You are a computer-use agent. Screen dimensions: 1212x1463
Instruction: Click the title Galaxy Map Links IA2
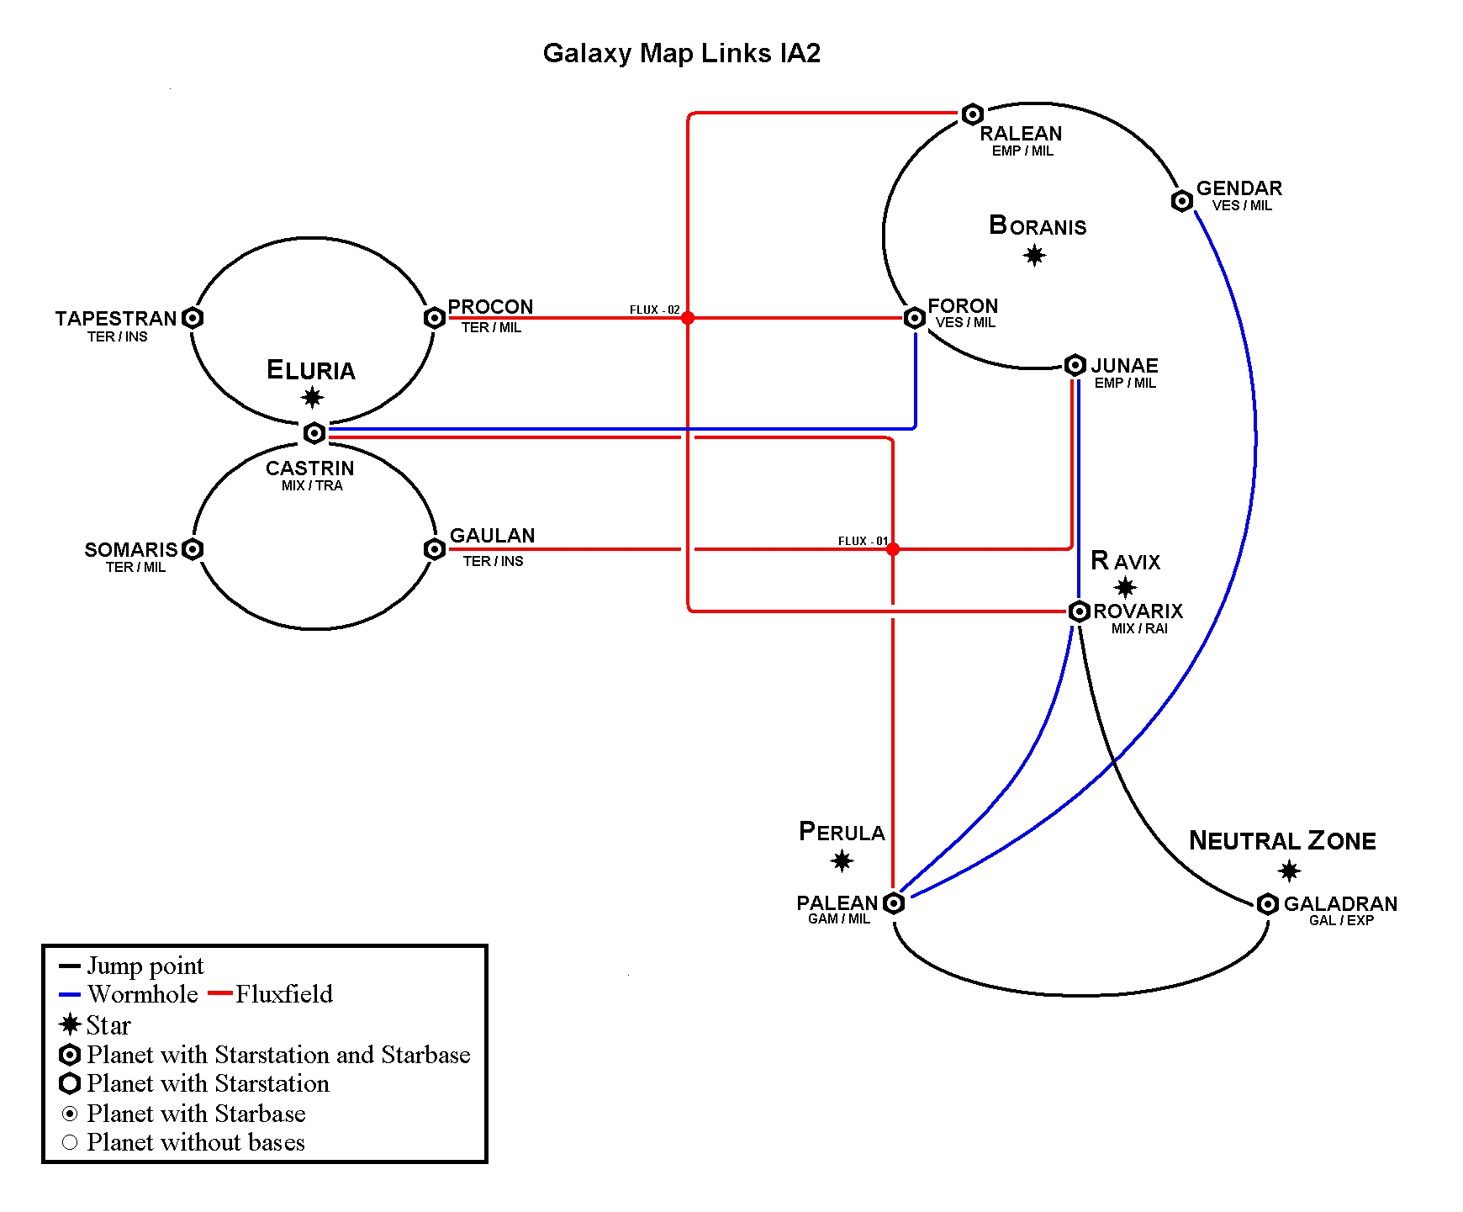pos(681,53)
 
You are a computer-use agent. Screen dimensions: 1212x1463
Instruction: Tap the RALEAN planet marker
pos(973,114)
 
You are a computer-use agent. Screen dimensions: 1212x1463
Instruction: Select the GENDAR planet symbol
pos(1182,201)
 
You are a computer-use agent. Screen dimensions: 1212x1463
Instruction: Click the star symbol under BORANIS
pos(1035,255)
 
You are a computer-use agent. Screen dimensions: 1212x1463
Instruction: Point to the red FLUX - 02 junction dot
pos(688,318)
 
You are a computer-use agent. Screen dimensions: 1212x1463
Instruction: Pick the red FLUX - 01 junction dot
pos(893,549)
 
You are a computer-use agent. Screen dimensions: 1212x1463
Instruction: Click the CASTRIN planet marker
pos(314,433)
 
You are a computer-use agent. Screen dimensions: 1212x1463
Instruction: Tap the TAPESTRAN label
pos(116,319)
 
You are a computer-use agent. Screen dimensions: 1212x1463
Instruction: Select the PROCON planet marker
pos(435,318)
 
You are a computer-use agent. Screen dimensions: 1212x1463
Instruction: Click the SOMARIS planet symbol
pos(193,549)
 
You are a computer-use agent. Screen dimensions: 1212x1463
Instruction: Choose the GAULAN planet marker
pos(435,549)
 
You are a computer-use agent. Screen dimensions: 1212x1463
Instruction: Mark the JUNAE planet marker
pos(1075,365)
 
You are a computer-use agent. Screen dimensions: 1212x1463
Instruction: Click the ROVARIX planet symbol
pos(1080,611)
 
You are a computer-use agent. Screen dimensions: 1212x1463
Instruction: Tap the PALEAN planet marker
pos(895,903)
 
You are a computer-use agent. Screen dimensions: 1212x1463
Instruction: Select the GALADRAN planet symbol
pos(1268,904)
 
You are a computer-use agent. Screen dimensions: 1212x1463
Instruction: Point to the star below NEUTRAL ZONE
pos(1289,871)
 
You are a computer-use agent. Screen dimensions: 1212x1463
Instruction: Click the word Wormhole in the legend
pos(143,994)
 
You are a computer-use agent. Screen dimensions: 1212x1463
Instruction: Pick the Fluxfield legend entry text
pos(284,994)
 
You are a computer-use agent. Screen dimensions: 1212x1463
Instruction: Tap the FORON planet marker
pos(915,318)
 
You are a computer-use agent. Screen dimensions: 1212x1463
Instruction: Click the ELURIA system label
pos(311,370)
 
